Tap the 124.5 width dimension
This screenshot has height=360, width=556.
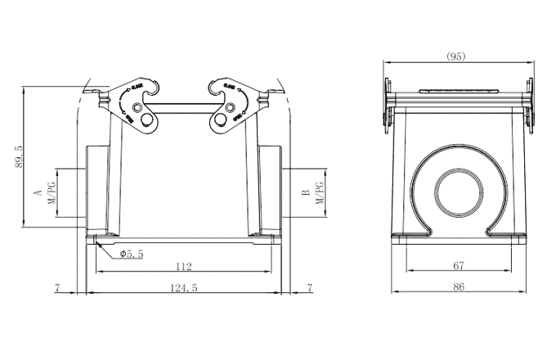[x=183, y=287]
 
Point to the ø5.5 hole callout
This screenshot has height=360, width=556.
[x=131, y=254]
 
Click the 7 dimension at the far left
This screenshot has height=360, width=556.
[x=56, y=287]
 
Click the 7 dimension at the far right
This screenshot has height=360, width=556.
[x=309, y=287]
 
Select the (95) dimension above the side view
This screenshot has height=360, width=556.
[x=456, y=56]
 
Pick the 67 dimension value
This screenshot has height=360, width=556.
[x=459, y=265]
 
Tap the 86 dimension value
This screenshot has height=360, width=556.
[x=459, y=287]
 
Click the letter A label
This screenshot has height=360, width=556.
[x=36, y=193]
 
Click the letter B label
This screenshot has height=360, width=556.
[x=305, y=193]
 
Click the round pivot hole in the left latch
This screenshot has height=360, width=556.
[x=147, y=122]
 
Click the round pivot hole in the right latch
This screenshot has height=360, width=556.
[x=221, y=122]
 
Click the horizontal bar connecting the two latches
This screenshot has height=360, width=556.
[x=183, y=104]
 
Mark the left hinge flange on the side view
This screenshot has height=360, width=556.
[x=384, y=105]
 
